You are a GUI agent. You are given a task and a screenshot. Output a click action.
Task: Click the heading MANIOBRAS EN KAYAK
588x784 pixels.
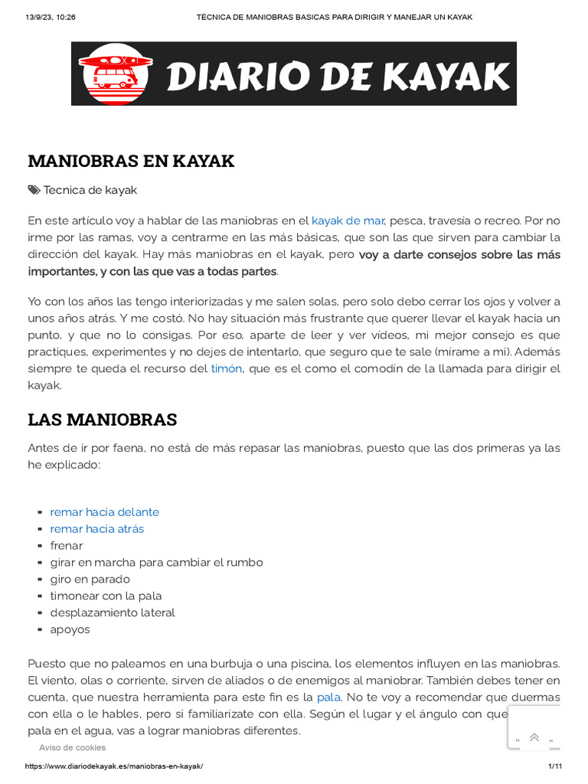[x=131, y=161]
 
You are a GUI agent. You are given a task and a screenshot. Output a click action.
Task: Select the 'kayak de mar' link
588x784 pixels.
[x=348, y=220]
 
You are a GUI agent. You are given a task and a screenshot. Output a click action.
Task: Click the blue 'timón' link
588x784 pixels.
[x=227, y=368]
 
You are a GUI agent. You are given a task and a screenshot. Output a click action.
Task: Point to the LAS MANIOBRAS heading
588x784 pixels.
[x=103, y=420]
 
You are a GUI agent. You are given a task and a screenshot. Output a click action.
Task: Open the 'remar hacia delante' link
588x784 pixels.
[x=105, y=511]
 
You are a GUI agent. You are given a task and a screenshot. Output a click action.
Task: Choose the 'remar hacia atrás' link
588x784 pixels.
[x=97, y=528]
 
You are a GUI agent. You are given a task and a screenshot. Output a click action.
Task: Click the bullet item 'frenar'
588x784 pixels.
[x=67, y=545]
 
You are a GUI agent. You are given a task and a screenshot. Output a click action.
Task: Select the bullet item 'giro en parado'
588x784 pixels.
[x=90, y=579]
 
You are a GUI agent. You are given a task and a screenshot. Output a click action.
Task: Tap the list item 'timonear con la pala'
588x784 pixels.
[x=106, y=596]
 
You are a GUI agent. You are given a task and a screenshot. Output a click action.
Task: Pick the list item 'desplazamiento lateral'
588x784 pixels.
[x=113, y=612]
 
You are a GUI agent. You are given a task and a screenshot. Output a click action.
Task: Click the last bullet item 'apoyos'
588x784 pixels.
[x=70, y=629]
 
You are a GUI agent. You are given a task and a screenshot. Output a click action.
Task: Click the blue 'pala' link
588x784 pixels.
[x=328, y=697]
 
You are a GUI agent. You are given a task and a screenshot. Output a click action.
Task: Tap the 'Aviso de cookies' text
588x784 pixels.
[x=73, y=747]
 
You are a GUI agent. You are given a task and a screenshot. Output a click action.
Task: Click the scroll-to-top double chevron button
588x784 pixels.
[x=534, y=737]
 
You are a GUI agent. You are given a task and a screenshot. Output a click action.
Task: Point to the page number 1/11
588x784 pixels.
[x=555, y=766]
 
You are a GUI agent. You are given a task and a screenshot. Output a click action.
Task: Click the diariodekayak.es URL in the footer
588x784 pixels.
[x=115, y=766]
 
